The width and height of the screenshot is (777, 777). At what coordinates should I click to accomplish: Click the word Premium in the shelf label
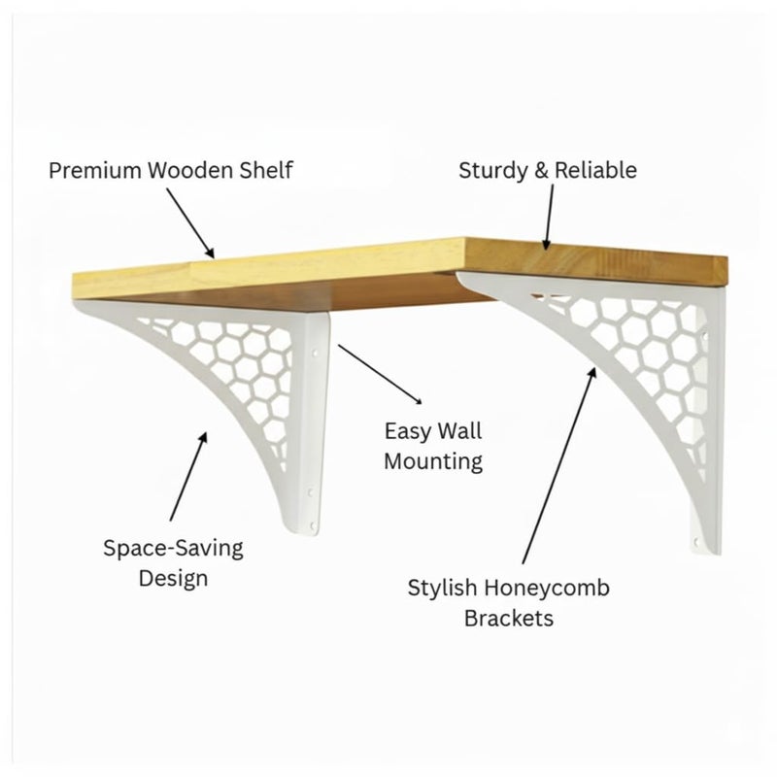tap(95, 171)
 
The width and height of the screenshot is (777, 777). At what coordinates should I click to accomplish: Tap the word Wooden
tap(190, 170)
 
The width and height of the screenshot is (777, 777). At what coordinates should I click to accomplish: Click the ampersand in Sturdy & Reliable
tap(541, 171)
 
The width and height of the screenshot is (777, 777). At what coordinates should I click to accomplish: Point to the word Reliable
tap(595, 170)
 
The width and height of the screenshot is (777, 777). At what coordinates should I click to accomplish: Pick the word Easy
tap(408, 431)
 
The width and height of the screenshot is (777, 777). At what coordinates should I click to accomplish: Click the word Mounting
tap(433, 462)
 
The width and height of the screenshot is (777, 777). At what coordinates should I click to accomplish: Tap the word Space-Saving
tap(174, 549)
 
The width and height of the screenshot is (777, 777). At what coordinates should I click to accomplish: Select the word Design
tap(173, 579)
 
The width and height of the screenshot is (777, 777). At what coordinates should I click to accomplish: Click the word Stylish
tap(442, 589)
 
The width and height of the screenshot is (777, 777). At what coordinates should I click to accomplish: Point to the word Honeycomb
tap(547, 589)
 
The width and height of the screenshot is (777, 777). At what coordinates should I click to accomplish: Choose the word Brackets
tap(509, 619)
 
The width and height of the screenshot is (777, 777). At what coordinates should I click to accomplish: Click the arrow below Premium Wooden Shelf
tap(190, 223)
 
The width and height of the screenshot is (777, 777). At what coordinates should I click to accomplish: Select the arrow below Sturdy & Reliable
tap(549, 217)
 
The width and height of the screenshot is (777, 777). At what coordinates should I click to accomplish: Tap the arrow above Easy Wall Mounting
tap(380, 375)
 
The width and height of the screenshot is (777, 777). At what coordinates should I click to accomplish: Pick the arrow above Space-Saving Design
tap(188, 477)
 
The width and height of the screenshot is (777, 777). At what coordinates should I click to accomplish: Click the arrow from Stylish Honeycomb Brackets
tap(559, 466)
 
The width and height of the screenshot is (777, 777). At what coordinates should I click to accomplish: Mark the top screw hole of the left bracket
tap(314, 355)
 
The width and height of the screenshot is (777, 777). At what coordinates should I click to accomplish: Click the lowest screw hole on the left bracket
tap(312, 525)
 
